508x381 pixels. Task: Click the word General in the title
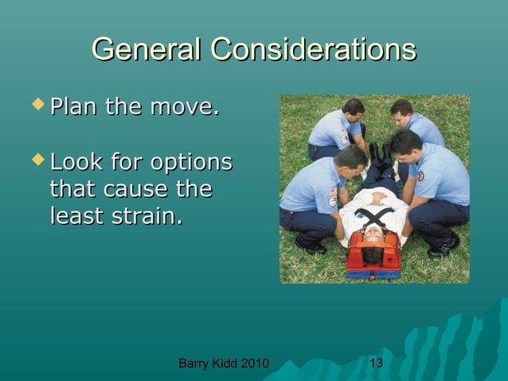point(147,49)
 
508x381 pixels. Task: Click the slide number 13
point(377,364)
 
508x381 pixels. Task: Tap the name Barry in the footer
point(194,364)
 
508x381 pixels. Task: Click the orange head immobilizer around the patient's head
point(373,254)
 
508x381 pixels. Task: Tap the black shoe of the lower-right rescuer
point(443,248)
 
